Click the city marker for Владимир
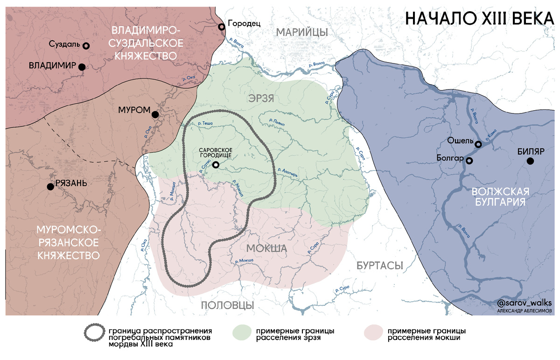coord(82,67)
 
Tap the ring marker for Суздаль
coord(86,45)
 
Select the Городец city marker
coord(222,26)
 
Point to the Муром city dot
coord(155,114)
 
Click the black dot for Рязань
coord(50,187)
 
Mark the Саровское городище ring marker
coord(216,164)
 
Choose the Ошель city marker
coord(478,144)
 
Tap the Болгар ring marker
coord(469,161)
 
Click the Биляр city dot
coord(530,161)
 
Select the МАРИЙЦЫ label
coord(301,32)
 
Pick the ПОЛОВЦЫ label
coord(227,305)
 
